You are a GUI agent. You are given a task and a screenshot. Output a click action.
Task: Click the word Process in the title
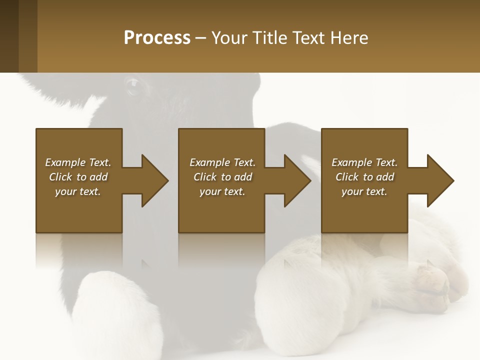coord(157,37)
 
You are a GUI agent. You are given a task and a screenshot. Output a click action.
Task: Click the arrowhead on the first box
coord(153,180)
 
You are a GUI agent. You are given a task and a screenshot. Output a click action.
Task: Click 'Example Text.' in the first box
coord(78,162)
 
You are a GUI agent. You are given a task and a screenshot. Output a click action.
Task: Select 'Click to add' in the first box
coord(78,177)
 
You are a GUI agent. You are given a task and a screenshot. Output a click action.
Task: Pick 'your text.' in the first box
coord(78,191)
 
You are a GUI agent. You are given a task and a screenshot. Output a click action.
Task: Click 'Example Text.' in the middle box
coord(222,162)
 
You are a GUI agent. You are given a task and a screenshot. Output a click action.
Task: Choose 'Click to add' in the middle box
coord(222,177)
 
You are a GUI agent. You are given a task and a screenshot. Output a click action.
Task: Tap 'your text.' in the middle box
coord(222,191)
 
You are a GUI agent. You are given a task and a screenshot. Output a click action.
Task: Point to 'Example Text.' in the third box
coord(364,162)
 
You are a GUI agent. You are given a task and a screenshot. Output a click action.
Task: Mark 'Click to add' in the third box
coord(364,177)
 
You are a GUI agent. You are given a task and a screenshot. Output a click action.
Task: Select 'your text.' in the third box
coord(364,191)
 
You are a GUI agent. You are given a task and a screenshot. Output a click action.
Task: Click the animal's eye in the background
coord(133,86)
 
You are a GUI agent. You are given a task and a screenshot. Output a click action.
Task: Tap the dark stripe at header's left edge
coord(9,36)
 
